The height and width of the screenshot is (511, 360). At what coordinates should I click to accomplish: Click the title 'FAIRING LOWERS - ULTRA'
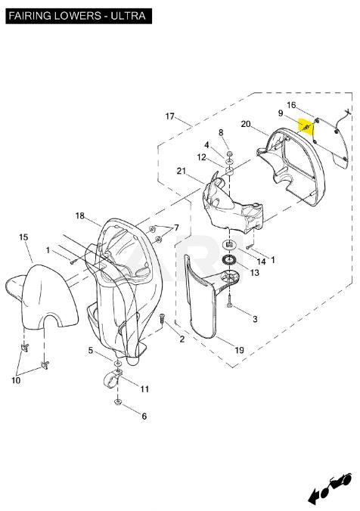click(77, 16)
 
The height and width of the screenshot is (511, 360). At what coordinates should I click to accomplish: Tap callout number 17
click(170, 116)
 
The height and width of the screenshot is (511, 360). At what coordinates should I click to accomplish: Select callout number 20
click(246, 124)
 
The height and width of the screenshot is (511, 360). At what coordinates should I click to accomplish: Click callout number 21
click(182, 171)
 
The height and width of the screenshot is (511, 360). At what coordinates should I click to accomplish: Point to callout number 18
click(80, 215)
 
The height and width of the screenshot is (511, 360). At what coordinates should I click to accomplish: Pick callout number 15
click(23, 237)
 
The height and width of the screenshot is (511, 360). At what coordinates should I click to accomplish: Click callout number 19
click(239, 350)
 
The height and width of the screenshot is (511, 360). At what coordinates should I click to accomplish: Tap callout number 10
click(16, 380)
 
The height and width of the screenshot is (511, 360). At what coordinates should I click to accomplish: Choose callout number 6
click(144, 416)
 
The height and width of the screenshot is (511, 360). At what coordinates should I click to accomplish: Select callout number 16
click(291, 105)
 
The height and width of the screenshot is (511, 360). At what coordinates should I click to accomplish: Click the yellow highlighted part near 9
click(306, 127)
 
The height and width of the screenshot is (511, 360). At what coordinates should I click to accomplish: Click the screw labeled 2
click(162, 318)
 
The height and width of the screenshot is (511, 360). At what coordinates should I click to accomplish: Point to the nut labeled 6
click(118, 402)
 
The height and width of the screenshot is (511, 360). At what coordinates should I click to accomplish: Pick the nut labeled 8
click(229, 153)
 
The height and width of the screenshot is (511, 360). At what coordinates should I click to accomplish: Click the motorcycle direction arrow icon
click(329, 488)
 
